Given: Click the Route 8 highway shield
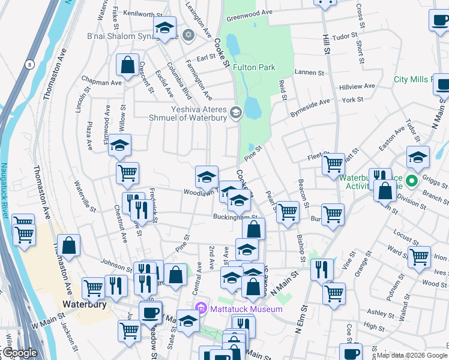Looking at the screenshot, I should pyautogui.click(x=28, y=64).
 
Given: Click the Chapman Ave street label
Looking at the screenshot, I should pyautogui.click(x=103, y=82).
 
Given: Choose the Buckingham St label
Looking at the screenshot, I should pyautogui.click(x=235, y=217).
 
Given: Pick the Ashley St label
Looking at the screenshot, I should pyautogui.click(x=380, y=313).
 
